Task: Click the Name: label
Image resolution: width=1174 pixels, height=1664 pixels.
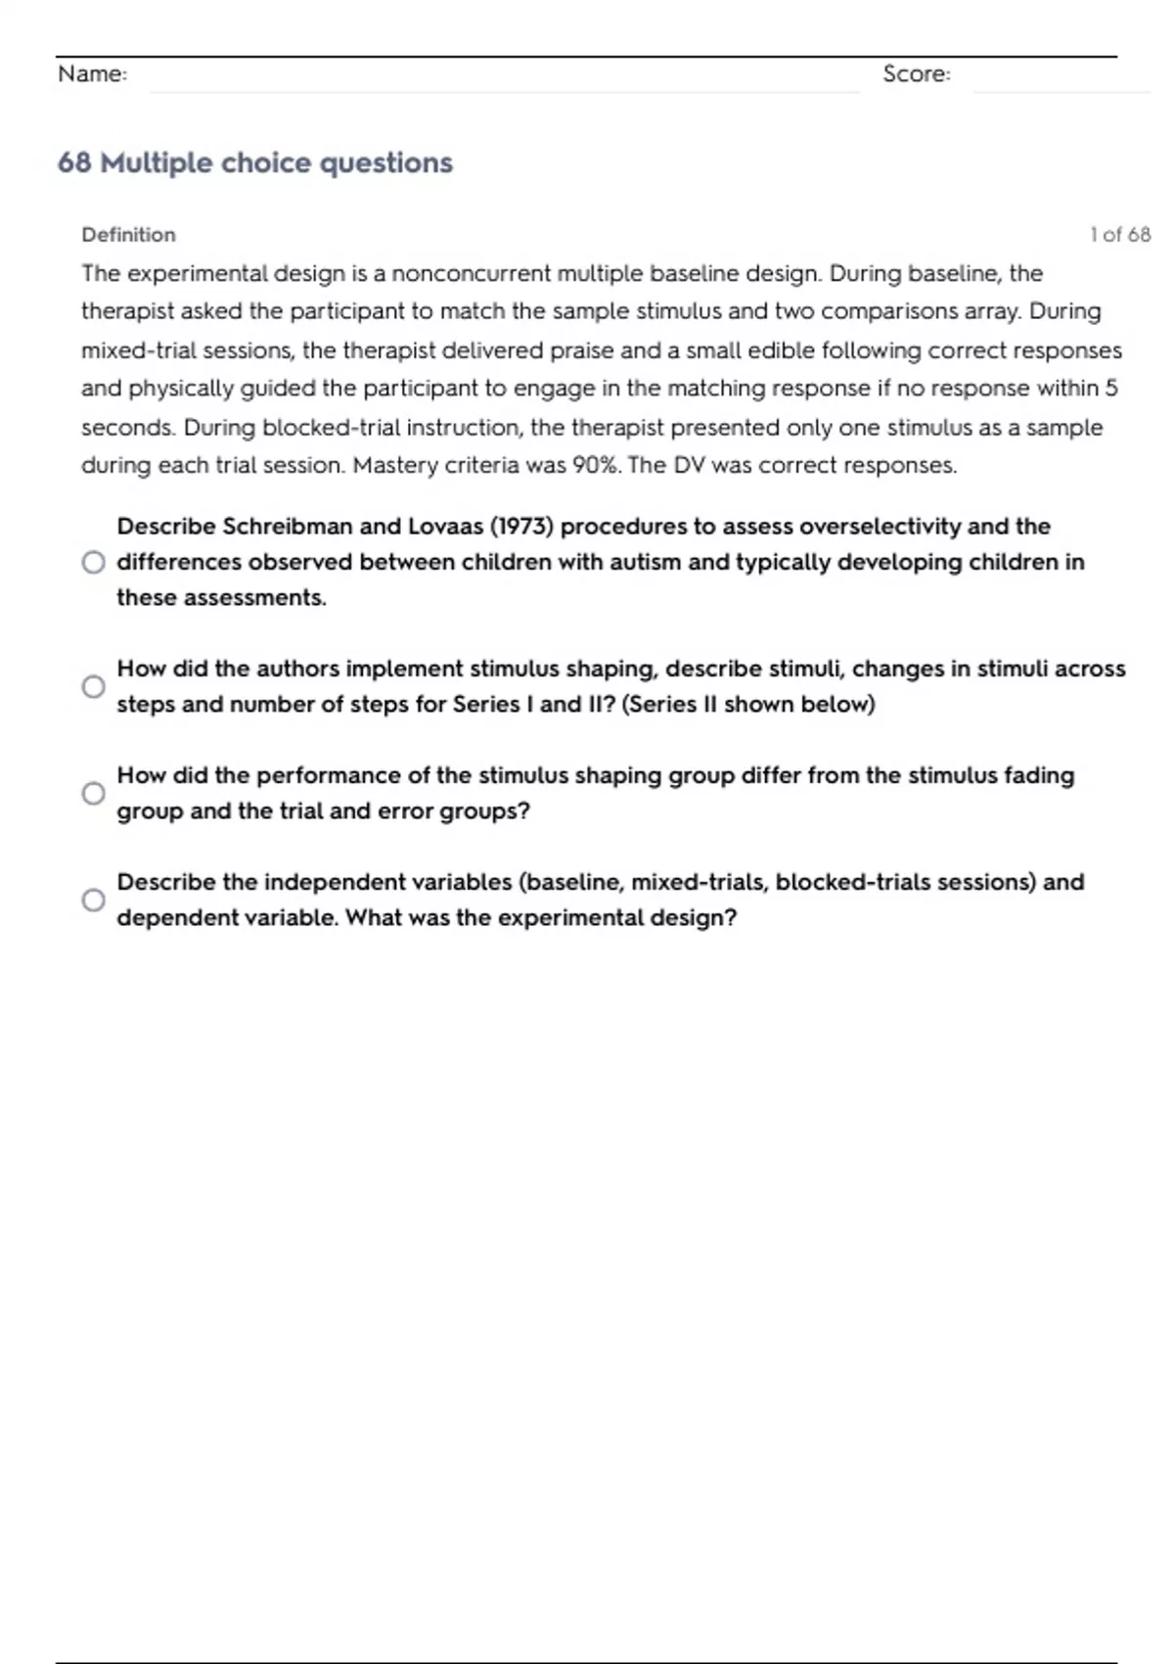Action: [92, 74]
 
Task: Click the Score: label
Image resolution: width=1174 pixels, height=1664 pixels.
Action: [916, 74]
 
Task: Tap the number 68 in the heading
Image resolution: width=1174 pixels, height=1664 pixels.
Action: [74, 162]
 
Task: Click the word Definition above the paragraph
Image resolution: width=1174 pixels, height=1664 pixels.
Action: [128, 235]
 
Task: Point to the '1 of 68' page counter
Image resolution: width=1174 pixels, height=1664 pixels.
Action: [1120, 235]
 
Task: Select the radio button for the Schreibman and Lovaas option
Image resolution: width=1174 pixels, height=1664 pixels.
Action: [93, 562]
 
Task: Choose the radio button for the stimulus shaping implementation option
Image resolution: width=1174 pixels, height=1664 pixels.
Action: [93, 686]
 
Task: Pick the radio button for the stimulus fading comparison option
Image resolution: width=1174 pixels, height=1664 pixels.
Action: [93, 793]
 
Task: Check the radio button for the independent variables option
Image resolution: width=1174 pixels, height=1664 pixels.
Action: [93, 900]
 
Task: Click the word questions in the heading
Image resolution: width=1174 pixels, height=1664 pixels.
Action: [386, 162]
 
